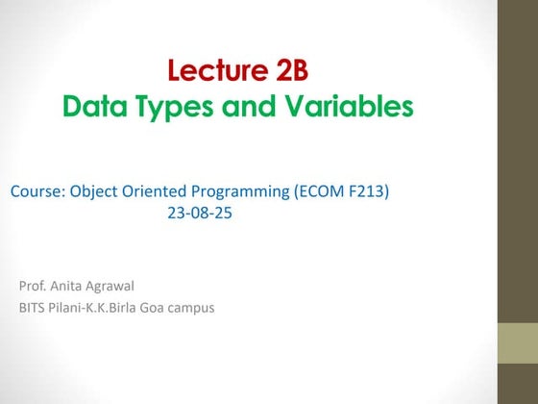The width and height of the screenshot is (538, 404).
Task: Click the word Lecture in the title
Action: [218, 70]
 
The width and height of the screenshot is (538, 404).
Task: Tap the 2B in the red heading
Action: [292, 70]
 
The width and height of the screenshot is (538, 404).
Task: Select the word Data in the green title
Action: [95, 106]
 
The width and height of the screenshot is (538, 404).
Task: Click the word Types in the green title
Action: [175, 108]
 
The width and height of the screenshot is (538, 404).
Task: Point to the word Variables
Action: [350, 105]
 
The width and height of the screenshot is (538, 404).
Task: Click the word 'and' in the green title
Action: [249, 106]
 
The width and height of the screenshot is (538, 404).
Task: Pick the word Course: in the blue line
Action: [38, 191]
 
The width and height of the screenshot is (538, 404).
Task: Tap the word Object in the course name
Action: [94, 192]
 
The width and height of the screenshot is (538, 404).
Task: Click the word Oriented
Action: [154, 191]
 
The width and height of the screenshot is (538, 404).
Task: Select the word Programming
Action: [240, 192]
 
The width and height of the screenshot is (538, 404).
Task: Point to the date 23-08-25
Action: [200, 213]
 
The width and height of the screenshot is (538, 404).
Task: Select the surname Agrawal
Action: [110, 287]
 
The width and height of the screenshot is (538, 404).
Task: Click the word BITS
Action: [32, 308]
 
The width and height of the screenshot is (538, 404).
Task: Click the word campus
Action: [191, 309]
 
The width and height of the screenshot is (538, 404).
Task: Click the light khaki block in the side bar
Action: [518, 343]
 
